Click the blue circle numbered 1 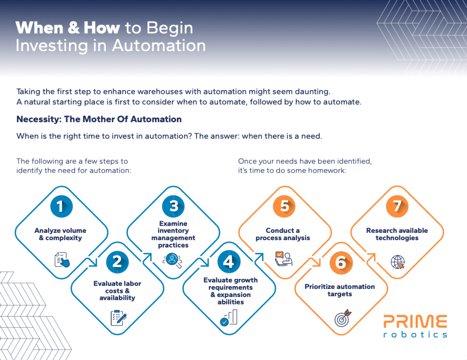point(60,206)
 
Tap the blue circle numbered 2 point(117,261)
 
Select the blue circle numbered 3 point(173,206)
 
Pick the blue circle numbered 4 point(228,262)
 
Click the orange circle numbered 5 point(284,206)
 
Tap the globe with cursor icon point(398,262)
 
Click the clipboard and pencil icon point(118,317)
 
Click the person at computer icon point(284,259)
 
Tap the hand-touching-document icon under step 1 point(62,259)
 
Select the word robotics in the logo point(415,334)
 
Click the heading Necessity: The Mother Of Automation point(99,119)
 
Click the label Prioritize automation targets point(340,290)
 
